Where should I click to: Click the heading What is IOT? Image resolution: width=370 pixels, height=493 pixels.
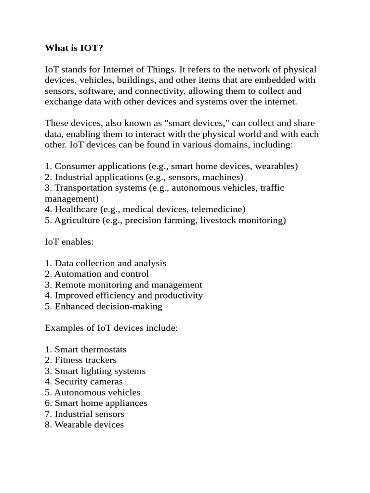(73, 48)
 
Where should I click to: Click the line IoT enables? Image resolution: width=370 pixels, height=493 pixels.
(69, 242)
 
